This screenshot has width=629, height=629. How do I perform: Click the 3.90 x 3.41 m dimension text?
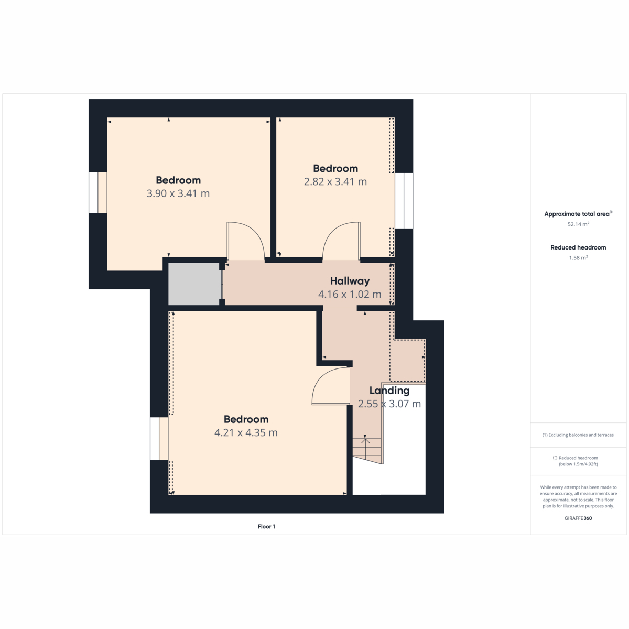pyautogui.click(x=178, y=193)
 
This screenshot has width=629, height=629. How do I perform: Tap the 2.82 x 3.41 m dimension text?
pyautogui.click(x=335, y=182)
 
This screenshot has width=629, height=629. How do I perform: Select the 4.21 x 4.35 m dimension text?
pyautogui.click(x=246, y=433)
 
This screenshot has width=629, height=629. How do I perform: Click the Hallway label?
pyautogui.click(x=350, y=281)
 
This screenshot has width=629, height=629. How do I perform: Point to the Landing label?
pyautogui.click(x=389, y=391)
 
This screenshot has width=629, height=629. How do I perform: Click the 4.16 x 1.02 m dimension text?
pyautogui.click(x=350, y=295)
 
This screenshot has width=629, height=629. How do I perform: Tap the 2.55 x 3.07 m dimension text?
pyautogui.click(x=389, y=404)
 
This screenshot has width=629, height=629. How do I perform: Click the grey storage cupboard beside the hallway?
pyautogui.click(x=193, y=284)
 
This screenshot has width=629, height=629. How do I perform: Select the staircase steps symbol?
pyautogui.click(x=367, y=449)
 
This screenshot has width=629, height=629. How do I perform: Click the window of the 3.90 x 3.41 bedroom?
pyautogui.click(x=98, y=192)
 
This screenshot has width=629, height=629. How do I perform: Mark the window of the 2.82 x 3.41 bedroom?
pyautogui.click(x=404, y=200)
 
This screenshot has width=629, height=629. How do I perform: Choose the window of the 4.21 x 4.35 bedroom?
pyautogui.click(x=159, y=439)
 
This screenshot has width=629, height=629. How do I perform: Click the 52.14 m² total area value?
pyautogui.click(x=578, y=224)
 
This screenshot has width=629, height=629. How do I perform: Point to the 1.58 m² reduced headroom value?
pyautogui.click(x=578, y=258)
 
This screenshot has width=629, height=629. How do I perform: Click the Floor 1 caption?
pyautogui.click(x=266, y=526)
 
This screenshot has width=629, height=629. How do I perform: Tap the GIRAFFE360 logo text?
pyautogui.click(x=578, y=518)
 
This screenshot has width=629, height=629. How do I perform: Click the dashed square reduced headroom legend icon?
pyautogui.click(x=555, y=458)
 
